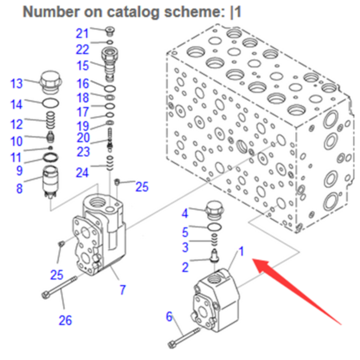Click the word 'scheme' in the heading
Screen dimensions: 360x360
tap(195, 12)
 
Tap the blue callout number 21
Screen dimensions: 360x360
tap(82, 34)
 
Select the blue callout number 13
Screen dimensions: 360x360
tap(17, 84)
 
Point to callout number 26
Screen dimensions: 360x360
tap(65, 320)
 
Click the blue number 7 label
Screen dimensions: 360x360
tap(123, 290)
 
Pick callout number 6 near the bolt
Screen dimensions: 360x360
tap(169, 317)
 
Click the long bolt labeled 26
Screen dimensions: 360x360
tap(59, 287)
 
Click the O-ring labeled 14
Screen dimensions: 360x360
tap(50, 103)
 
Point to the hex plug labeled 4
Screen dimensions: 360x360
tap(214, 211)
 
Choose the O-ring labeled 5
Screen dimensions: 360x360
tap(214, 227)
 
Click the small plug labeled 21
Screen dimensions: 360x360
tap(110, 31)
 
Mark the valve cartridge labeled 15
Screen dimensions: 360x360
tap(110, 64)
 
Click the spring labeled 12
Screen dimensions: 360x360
tap(51, 120)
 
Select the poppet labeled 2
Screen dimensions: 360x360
tap(214, 255)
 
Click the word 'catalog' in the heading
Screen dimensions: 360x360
tap(133, 12)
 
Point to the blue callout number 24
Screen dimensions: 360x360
tap(82, 173)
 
